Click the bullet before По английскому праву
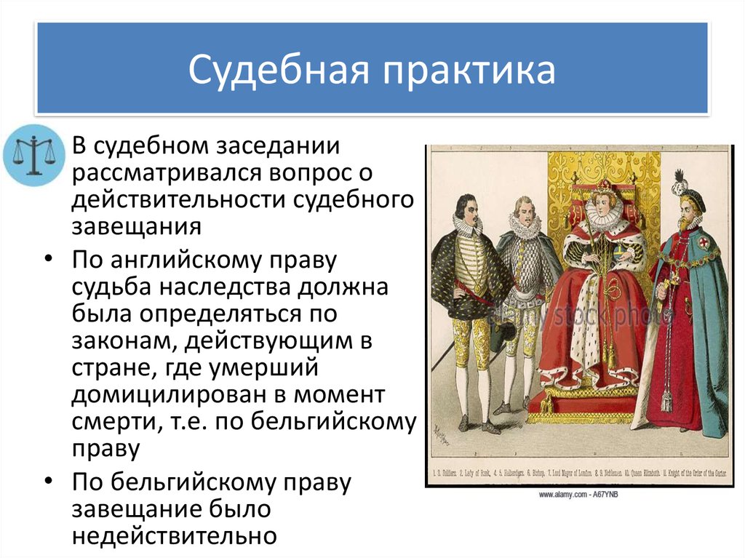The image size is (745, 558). coord(47,260)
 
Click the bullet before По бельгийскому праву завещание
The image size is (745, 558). coord(47,482)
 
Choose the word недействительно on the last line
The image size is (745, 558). coord(175,535)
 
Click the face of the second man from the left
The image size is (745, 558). coord(523,212)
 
